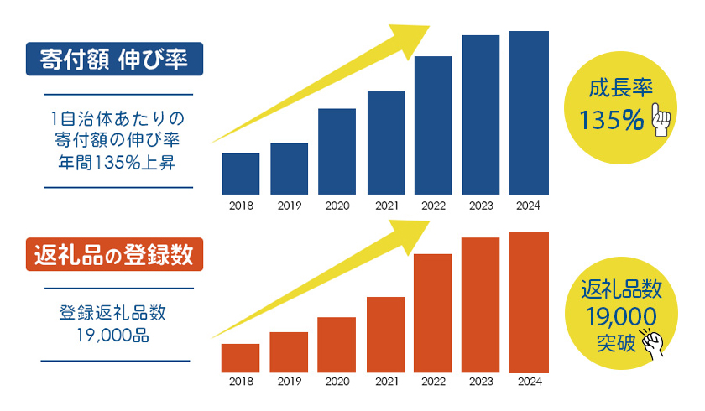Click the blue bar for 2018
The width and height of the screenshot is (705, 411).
coord(240,174)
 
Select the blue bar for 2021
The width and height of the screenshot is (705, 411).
coord(386,143)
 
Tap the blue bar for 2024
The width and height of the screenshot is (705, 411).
coord(529,113)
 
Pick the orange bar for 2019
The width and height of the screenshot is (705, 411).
coord(289,351)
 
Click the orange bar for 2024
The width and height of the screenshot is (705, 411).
coord(529,301)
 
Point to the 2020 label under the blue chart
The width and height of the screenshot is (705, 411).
coord(337,205)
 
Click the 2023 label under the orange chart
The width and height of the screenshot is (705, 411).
coord(481,382)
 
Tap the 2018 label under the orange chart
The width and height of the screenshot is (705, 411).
coord(240,382)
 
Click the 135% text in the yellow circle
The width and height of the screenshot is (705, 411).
coord(611,122)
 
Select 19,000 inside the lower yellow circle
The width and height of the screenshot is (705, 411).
coord(622,317)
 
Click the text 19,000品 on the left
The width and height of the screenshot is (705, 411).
coord(112,336)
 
